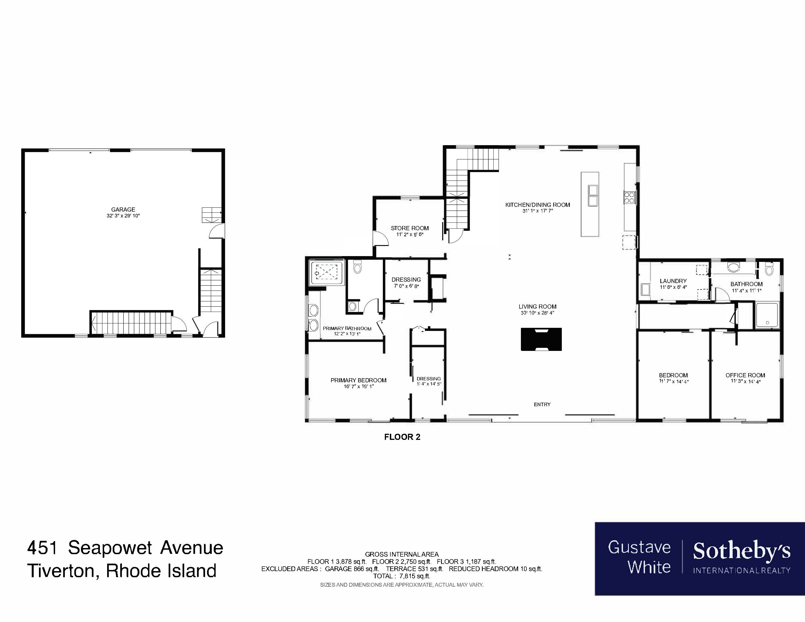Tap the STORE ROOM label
[410, 228]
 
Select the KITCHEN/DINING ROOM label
[537, 205]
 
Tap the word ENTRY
[542, 404]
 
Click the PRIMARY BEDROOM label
[358, 380]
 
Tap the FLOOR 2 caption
[402, 437]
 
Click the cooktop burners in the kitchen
[629, 197]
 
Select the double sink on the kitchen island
[593, 195]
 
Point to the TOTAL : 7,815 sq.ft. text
[402, 576]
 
